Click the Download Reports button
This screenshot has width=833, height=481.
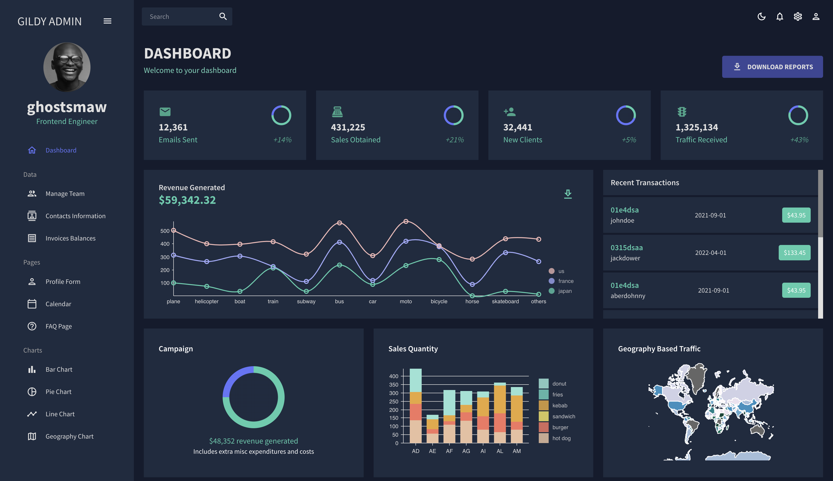coord(772,67)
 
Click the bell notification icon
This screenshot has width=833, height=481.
coord(779,17)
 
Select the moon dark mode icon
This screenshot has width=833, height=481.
coord(761,17)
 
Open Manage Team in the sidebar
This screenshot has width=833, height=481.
coord(65,194)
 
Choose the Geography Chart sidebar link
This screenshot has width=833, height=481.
coord(69,436)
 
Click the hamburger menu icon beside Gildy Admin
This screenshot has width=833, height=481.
coord(107,21)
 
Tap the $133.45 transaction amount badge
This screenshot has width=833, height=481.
coord(794,253)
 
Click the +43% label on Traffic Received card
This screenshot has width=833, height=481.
coord(799,140)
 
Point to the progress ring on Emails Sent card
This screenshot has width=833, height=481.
coord(281,115)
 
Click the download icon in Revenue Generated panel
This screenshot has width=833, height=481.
coord(568,194)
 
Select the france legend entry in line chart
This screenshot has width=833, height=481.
coord(565,281)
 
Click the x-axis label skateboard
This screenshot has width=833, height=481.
coord(505,301)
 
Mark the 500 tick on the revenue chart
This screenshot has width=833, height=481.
coord(165,231)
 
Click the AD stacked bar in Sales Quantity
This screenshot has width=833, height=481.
coord(416,406)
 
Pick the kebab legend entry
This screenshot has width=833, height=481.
coord(559,405)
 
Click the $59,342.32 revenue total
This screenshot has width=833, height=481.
coord(187,200)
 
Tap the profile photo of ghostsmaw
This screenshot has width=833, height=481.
coord(67,67)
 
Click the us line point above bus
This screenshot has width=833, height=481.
coord(339,223)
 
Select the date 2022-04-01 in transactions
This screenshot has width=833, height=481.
coord(711,253)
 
